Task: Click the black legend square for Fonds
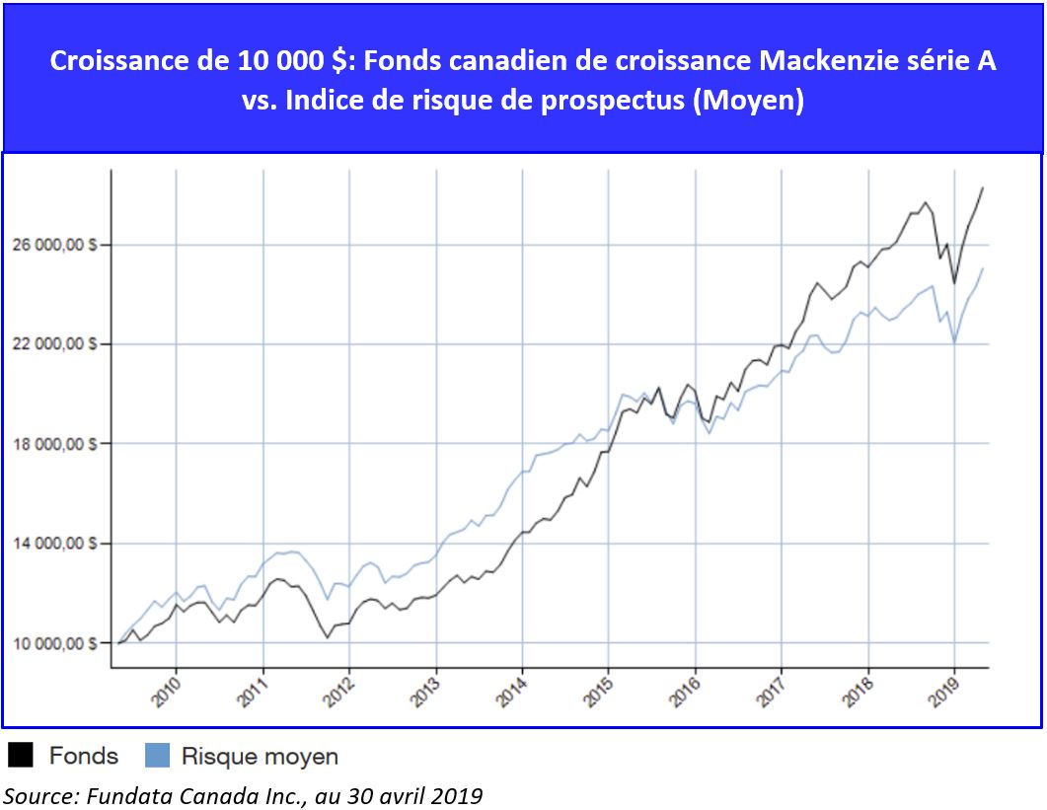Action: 21,756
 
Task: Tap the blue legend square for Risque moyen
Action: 157,756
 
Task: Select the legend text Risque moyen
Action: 260,757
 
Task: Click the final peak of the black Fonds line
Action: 983,187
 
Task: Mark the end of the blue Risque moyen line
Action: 983,268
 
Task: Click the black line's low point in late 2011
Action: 327,637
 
